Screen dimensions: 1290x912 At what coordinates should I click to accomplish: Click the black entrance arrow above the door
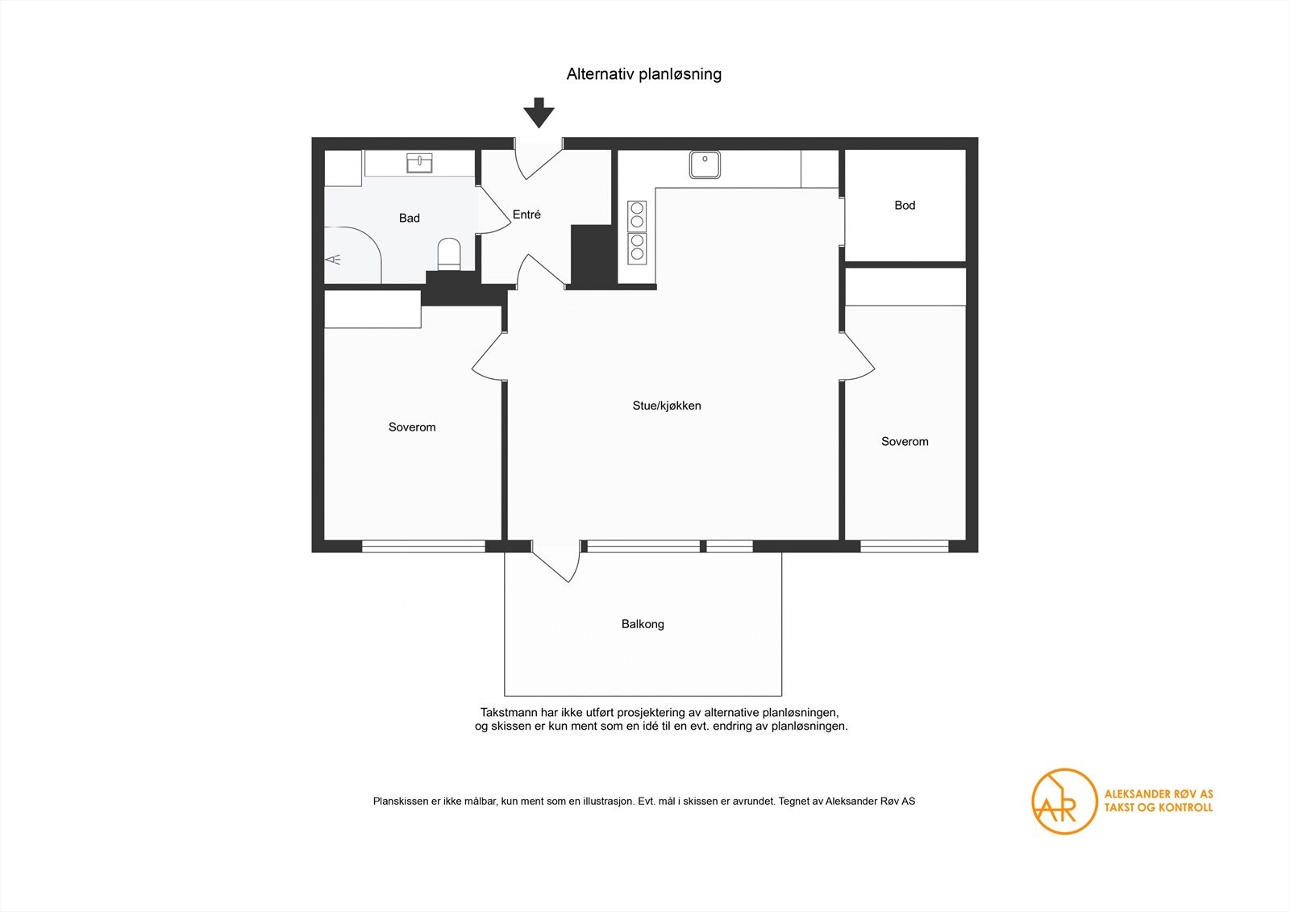point(539,112)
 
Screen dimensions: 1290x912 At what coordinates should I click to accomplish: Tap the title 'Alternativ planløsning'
point(644,74)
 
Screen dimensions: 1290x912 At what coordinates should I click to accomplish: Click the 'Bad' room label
point(409,218)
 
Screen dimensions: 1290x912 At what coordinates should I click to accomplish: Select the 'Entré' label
point(526,214)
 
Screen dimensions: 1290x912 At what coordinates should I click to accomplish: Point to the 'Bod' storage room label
point(905,205)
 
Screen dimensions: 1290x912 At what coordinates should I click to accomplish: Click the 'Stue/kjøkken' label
point(667,406)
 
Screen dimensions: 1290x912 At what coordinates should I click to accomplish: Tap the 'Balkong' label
point(643,624)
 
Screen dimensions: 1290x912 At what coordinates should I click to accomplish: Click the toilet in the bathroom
point(449,254)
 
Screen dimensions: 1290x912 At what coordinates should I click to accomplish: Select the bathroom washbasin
point(419,163)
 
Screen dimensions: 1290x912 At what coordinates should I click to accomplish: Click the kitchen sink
point(705,164)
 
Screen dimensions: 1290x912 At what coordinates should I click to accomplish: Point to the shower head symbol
point(334,260)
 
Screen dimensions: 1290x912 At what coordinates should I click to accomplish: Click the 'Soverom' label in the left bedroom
point(412,427)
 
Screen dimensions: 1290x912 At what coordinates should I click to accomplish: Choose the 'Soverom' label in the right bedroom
point(905,441)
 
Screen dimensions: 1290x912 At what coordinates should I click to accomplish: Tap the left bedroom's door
point(489,356)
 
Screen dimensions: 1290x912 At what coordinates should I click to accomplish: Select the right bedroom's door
point(858,356)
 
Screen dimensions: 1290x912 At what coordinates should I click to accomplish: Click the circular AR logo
point(1063,802)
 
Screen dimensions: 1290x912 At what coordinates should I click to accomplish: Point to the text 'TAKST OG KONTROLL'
point(1158,808)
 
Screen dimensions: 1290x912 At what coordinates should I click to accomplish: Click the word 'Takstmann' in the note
point(509,713)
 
